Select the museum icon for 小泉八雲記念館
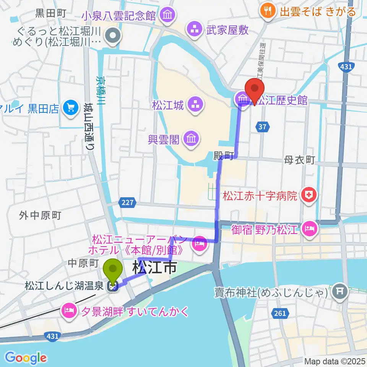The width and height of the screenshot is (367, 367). (167, 15)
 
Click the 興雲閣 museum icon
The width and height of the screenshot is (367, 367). (190, 140)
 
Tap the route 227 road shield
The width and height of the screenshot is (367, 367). (128, 203)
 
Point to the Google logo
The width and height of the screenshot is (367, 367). (26, 358)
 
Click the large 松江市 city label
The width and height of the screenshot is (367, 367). (155, 267)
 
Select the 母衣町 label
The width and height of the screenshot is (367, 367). (299, 160)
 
